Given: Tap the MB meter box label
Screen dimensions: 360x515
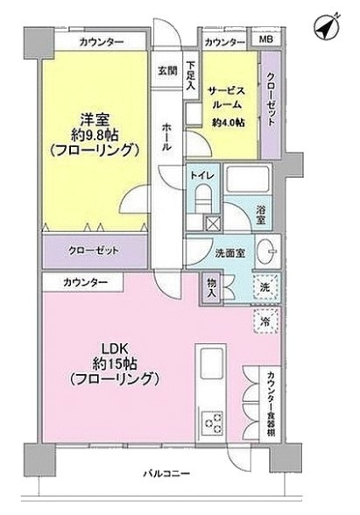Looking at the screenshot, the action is coord(265,39).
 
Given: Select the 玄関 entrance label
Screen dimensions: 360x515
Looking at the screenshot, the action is coord(167,70).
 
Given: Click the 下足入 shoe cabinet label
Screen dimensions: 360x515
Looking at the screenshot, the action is coord(191,75).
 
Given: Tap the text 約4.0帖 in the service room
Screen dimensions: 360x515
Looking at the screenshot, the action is coord(228,123).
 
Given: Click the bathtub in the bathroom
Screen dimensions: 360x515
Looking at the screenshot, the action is coord(249,179).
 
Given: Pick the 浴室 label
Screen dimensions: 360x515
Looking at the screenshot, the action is coord(261,215).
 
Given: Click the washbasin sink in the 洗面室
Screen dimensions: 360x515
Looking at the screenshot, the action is coord(267,251).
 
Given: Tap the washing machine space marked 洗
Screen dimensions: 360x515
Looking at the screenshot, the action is coord(265,287).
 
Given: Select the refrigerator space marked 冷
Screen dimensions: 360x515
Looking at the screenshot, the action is coord(265,321).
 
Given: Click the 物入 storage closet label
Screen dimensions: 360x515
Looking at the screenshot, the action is coord(211,288).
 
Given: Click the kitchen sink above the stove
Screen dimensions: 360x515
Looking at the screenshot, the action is coord(211,362).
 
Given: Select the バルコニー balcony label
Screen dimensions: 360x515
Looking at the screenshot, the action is coord(166,473).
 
